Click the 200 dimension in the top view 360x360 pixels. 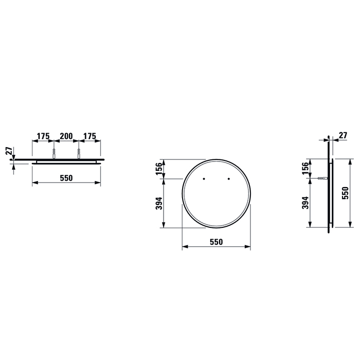click(66, 136)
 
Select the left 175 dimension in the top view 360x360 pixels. click(43, 136)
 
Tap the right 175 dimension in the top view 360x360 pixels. click(89, 136)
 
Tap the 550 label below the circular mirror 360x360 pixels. click(216, 242)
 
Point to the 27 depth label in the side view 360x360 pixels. click(343, 136)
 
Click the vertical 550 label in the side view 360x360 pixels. click(346, 192)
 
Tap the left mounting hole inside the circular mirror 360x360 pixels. click(204, 178)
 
